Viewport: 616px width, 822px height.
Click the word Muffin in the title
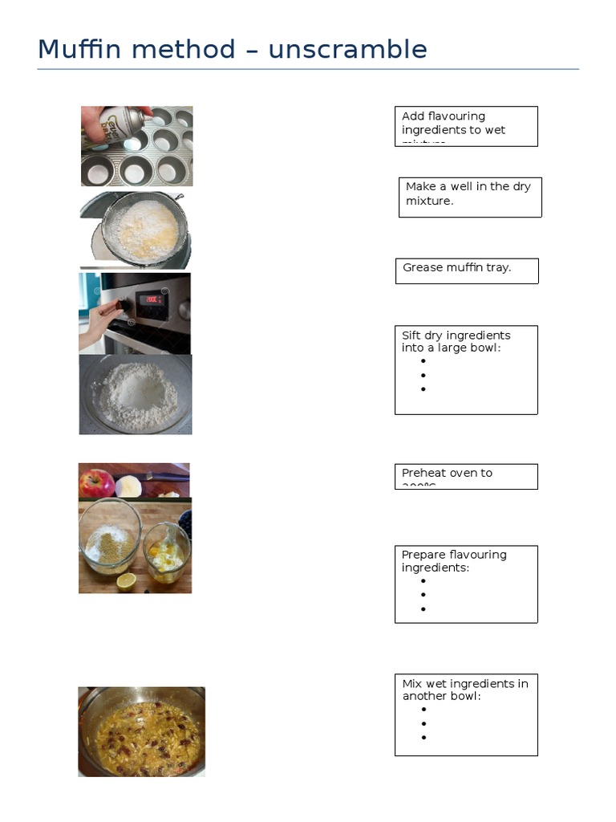click(x=79, y=50)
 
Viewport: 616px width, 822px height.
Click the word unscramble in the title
click(x=347, y=50)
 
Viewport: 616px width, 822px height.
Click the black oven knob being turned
click(x=120, y=305)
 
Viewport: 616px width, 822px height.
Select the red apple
click(x=95, y=483)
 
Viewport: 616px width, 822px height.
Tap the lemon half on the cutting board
click(x=126, y=582)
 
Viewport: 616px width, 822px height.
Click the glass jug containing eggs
click(x=168, y=551)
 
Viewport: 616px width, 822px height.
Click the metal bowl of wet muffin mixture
click(x=141, y=731)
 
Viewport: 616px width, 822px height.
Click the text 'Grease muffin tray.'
click(x=456, y=267)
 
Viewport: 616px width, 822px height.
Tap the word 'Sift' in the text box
click(x=411, y=335)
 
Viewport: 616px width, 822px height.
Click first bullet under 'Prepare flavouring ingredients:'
click(x=423, y=580)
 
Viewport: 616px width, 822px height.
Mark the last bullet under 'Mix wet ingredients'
click(x=423, y=737)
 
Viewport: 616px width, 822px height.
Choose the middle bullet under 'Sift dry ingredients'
click(x=423, y=375)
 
